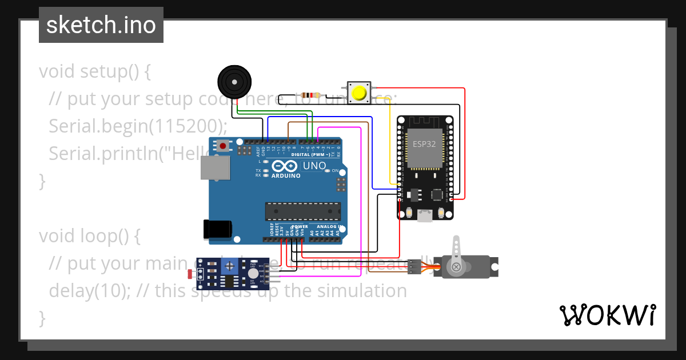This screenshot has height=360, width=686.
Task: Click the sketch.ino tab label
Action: click(101, 25)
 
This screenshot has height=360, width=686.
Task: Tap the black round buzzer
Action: click(234, 82)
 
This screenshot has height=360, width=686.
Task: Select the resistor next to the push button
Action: click(310, 95)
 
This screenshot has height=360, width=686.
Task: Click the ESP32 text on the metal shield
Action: click(424, 144)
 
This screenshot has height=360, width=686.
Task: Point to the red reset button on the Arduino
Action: click(223, 146)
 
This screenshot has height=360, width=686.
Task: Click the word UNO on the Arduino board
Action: click(314, 166)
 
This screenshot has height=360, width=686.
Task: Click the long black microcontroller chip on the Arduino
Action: click(302, 211)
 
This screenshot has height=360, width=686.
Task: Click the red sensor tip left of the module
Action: click(190, 274)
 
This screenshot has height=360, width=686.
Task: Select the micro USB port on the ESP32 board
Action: click(425, 216)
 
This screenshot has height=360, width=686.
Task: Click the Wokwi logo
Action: click(607, 315)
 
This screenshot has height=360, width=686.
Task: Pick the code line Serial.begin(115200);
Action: click(138, 126)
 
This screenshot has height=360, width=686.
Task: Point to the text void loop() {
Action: click(89, 235)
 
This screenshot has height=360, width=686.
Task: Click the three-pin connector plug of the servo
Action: click(414, 267)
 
